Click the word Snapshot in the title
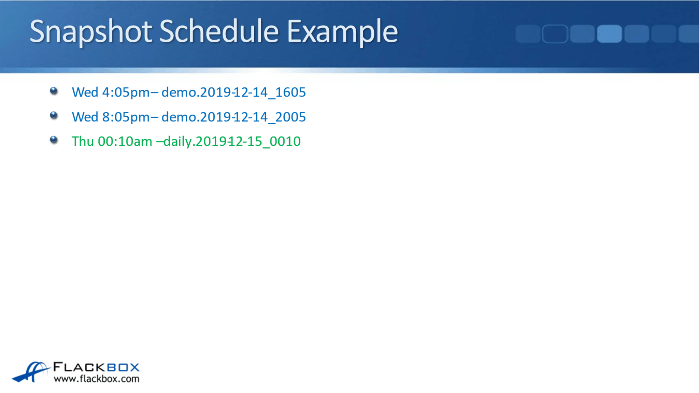(x=90, y=32)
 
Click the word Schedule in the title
(x=219, y=32)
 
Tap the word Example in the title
(x=342, y=32)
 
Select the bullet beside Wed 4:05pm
(x=54, y=91)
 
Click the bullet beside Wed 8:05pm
(x=54, y=115)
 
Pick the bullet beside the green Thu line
(x=54, y=140)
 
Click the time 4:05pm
(x=126, y=92)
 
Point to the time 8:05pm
(x=126, y=117)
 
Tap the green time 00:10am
(x=125, y=142)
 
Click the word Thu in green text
(x=83, y=142)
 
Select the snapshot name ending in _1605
(x=233, y=92)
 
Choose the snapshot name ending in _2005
(x=233, y=117)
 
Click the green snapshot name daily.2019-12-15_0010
(x=232, y=142)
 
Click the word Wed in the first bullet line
(x=85, y=92)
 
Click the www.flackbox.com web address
(x=97, y=379)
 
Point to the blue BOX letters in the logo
(x=123, y=367)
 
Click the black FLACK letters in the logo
(x=79, y=367)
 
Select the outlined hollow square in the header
(x=555, y=34)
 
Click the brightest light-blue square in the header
(x=609, y=34)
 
